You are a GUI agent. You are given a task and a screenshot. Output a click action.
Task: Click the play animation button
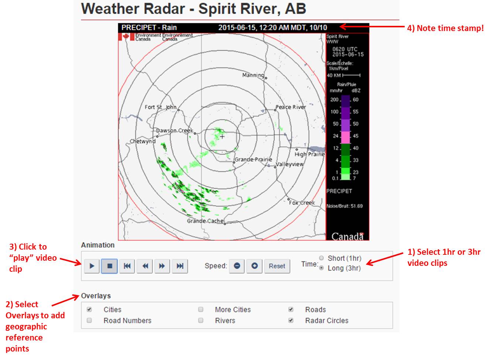tap(92, 266)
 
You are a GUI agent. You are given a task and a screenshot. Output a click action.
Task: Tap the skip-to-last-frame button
tap(180, 266)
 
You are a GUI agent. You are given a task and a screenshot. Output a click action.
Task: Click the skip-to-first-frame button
tap(127, 266)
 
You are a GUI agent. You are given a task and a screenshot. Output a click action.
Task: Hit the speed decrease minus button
tap(237, 266)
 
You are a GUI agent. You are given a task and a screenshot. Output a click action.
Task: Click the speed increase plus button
tap(255, 266)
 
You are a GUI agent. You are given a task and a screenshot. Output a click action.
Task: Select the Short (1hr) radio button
tap(321, 258)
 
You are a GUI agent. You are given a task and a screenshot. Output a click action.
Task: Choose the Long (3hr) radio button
tap(321, 268)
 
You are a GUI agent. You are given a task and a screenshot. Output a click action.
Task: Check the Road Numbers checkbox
tap(89, 320)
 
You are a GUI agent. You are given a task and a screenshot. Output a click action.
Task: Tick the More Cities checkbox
tap(201, 309)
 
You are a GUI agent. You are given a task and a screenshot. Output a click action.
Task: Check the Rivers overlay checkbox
tap(201, 320)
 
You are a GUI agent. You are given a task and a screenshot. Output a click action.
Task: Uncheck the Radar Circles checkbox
tap(291, 320)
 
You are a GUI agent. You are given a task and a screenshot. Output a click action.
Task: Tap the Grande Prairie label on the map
tap(253, 160)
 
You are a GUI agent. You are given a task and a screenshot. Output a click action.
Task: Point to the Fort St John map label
tap(161, 107)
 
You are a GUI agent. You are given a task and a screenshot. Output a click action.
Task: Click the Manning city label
tap(253, 75)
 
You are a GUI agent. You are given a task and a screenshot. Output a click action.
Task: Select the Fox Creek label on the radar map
tap(302, 203)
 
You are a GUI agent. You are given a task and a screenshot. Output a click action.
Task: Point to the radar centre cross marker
tap(222, 137)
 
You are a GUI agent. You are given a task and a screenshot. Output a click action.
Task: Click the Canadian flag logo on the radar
tap(126, 37)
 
